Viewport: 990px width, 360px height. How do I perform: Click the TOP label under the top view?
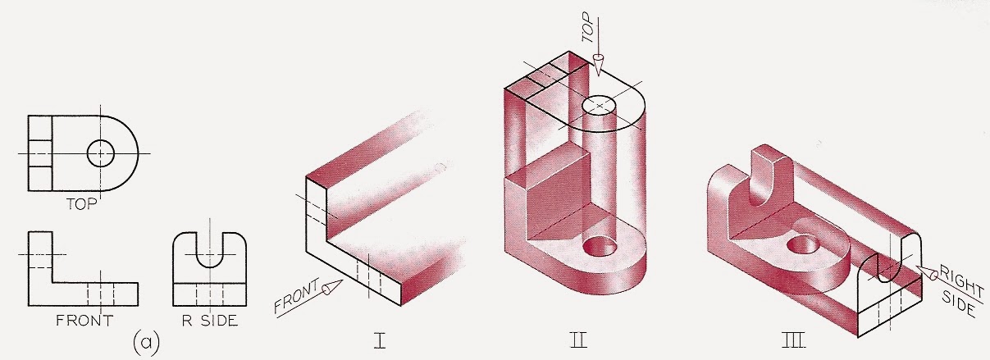(x=81, y=205)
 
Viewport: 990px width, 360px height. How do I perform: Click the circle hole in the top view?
(x=100, y=153)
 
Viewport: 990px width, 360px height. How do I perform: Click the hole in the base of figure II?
(x=595, y=245)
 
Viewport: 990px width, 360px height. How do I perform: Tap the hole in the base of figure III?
(x=800, y=244)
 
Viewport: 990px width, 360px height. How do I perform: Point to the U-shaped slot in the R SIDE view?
(x=209, y=248)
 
